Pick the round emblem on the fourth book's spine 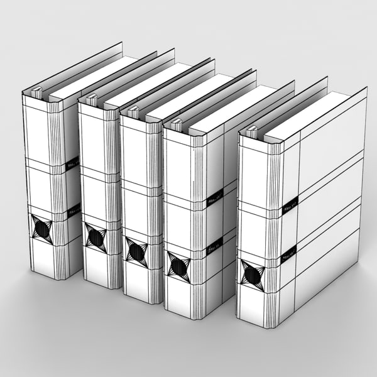tap(178, 265)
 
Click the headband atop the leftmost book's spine tap(36, 94)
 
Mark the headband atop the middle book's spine tap(133, 112)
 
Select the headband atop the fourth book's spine tap(176, 124)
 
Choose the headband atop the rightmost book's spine tap(252, 132)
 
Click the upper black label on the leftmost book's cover tap(72, 165)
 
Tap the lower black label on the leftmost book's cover tap(74, 213)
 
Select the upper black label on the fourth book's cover tap(214, 199)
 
